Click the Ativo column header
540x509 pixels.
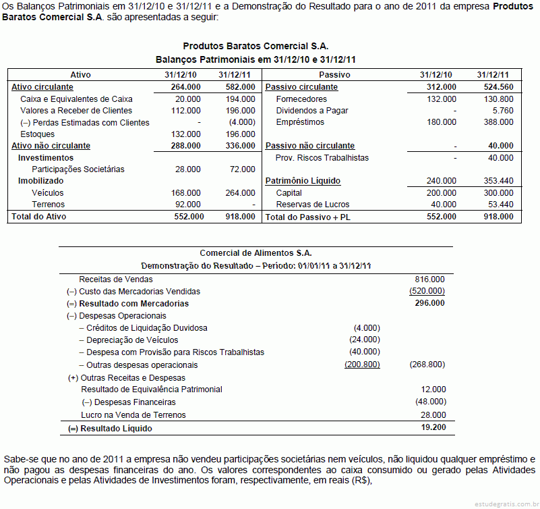80,75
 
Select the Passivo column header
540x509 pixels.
334,75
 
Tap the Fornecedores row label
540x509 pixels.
301,99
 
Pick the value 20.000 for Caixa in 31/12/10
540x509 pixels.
187,99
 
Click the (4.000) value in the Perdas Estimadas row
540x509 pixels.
242,123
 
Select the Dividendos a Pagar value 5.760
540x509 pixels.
503,111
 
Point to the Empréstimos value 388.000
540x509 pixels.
498,123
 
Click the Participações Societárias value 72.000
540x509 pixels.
242,169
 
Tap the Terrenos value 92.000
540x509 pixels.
187,205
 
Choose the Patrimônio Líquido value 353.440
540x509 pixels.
498,181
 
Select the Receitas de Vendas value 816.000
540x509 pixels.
429,279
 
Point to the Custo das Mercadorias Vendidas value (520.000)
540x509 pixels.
427,291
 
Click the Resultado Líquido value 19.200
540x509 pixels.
432,427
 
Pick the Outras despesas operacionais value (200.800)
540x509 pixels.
362,365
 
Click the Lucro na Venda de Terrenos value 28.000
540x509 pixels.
432,414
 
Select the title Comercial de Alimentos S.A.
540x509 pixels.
256,253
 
